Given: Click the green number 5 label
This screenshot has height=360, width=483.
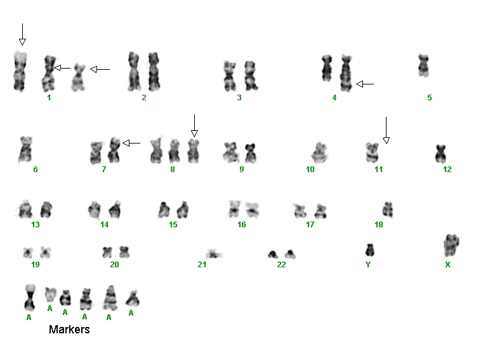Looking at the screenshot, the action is click(x=430, y=98).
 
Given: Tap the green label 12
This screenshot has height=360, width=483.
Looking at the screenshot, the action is click(x=447, y=170).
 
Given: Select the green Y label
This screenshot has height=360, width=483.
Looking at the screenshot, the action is click(x=367, y=265).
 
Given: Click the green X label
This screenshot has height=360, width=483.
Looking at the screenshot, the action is click(x=447, y=265).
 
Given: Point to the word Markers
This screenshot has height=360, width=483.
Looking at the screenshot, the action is click(x=69, y=330).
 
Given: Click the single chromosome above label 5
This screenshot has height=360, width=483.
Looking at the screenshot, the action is click(x=423, y=65).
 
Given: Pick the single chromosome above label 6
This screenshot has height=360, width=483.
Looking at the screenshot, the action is click(x=25, y=149).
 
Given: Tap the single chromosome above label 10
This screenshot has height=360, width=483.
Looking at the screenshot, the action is click(x=319, y=152).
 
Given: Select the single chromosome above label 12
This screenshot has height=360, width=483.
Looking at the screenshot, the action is click(x=441, y=154).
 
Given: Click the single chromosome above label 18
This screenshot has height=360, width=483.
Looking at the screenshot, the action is click(x=388, y=210).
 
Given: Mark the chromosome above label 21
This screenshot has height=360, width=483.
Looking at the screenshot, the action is click(x=213, y=254).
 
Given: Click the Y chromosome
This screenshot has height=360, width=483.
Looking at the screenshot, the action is click(x=369, y=250).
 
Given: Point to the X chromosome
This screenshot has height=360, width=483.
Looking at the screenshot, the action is click(x=451, y=245).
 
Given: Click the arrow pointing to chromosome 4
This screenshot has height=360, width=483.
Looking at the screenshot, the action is click(x=365, y=84).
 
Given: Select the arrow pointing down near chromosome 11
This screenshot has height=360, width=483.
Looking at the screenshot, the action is click(x=387, y=130).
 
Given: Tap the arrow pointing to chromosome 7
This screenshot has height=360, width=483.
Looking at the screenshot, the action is click(x=131, y=143).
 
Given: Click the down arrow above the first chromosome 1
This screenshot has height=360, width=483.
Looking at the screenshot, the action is click(x=22, y=34).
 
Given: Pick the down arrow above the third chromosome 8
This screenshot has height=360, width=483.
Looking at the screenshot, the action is click(x=194, y=126).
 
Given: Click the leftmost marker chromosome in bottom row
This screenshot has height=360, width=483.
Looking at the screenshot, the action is click(x=30, y=297).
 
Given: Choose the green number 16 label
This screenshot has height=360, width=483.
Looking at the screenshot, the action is click(x=241, y=225).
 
